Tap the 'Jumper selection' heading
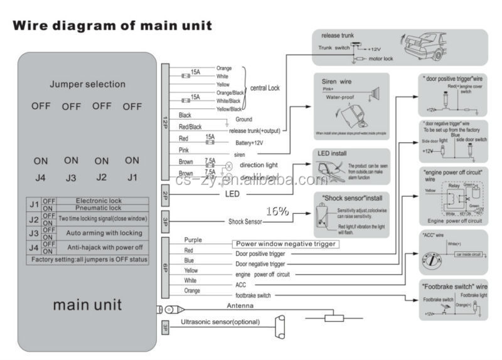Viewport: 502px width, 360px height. click(x=87, y=84)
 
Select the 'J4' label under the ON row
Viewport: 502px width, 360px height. click(x=41, y=177)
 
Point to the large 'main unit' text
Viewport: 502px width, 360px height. click(x=87, y=305)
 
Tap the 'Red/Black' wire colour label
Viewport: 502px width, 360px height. click(x=190, y=127)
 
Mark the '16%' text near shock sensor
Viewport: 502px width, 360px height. click(x=277, y=211)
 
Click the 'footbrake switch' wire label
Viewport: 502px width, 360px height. click(x=254, y=295)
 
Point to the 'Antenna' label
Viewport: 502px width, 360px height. click(x=240, y=305)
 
